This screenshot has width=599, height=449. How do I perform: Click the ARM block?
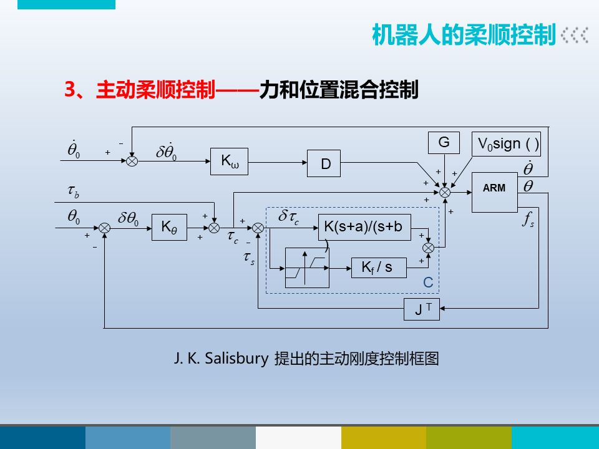click(x=495, y=188)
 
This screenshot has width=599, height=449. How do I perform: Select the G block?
click(x=444, y=143)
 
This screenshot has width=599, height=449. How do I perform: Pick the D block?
click(x=325, y=165)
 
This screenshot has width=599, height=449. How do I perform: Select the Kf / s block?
click(x=379, y=268)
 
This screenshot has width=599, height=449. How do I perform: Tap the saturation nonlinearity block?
click(x=307, y=268)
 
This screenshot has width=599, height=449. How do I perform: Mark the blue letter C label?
click(x=428, y=282)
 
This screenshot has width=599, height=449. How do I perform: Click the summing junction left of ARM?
click(x=445, y=193)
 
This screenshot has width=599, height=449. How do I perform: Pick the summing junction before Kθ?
click(x=105, y=229)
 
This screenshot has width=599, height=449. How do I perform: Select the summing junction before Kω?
click(x=132, y=161)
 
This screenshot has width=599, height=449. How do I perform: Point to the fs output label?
click(x=528, y=220)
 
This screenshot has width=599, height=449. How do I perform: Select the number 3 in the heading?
click(x=70, y=90)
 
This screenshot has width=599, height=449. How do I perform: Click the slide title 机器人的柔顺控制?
click(x=463, y=36)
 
